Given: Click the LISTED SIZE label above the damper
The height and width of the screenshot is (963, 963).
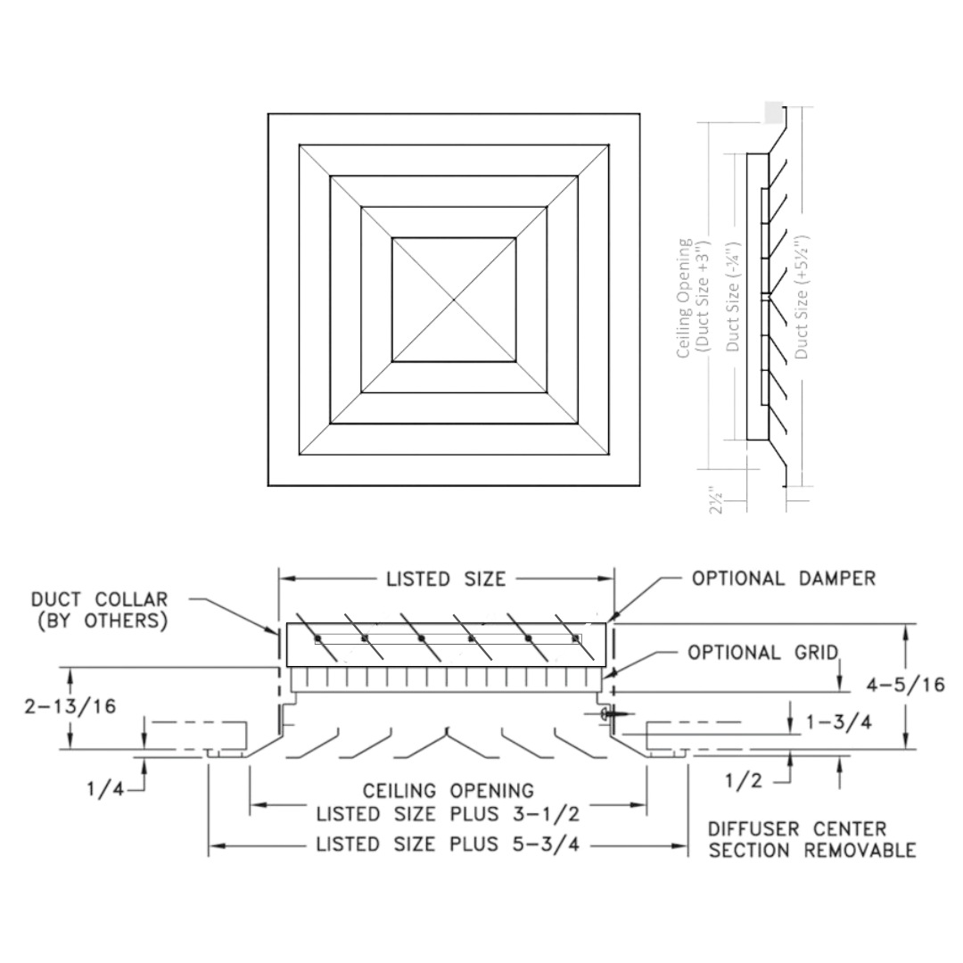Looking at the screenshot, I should [x=446, y=580].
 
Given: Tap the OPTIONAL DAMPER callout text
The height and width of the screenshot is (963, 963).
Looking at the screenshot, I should [x=784, y=578].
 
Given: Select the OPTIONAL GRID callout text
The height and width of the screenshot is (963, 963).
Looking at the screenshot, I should [x=762, y=653].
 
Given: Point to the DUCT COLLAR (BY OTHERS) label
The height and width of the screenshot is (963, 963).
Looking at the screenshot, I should [x=99, y=611].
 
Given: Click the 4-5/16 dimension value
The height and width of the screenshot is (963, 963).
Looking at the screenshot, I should [x=906, y=685].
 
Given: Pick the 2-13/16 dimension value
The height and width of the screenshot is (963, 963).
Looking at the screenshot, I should [x=70, y=706].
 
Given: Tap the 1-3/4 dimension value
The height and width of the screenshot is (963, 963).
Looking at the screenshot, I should [x=838, y=722].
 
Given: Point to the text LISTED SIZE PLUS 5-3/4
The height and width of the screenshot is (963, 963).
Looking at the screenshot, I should [x=448, y=844].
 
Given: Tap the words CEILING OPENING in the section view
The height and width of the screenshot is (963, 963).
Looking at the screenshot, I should [x=448, y=791].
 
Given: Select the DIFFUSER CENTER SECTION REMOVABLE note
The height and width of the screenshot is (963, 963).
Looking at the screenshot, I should [x=811, y=840].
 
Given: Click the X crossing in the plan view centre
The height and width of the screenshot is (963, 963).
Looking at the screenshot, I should [x=454, y=300].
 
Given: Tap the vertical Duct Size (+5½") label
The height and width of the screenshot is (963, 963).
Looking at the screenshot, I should [x=802, y=297].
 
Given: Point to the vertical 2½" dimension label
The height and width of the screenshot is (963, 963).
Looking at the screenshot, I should [x=714, y=499].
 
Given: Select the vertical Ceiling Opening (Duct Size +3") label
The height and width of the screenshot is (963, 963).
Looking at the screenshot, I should [x=692, y=298].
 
